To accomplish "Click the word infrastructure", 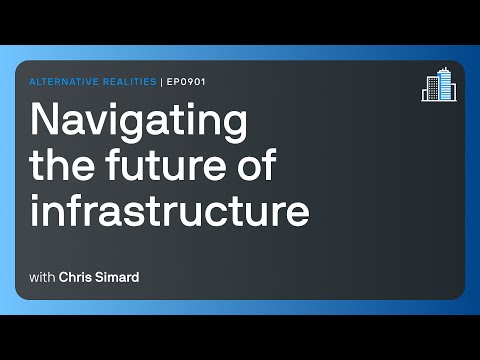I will (x=170, y=212).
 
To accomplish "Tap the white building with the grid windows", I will (x=447, y=91).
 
